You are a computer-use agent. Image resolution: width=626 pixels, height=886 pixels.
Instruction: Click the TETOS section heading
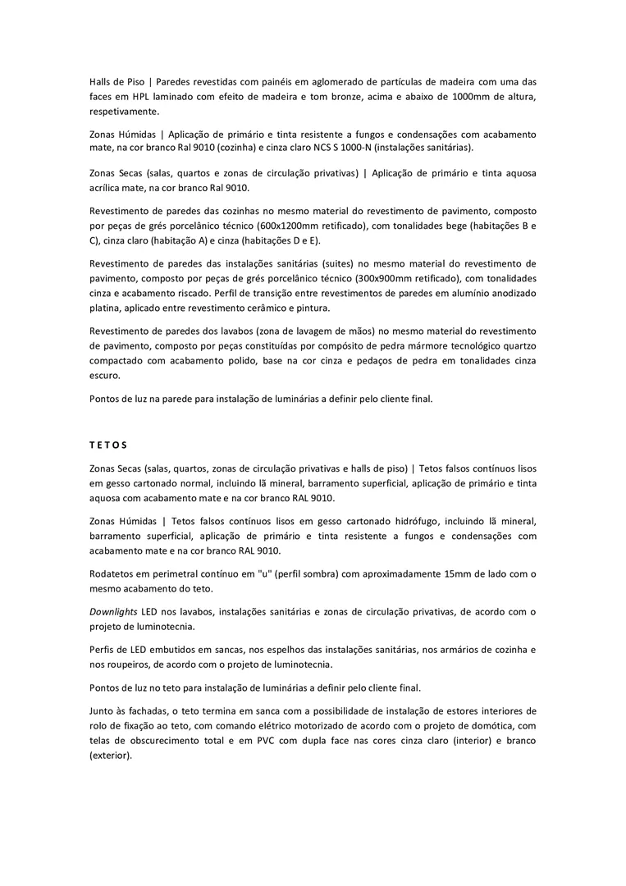click(x=108, y=445)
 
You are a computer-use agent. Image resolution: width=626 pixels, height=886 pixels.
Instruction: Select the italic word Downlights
click(x=113, y=612)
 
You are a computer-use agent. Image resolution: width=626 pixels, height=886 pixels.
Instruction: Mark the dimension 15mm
click(x=459, y=573)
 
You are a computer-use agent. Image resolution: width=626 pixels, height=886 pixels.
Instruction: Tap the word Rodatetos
click(x=115, y=573)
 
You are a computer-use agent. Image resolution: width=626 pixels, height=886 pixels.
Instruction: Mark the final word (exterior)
click(x=111, y=755)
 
